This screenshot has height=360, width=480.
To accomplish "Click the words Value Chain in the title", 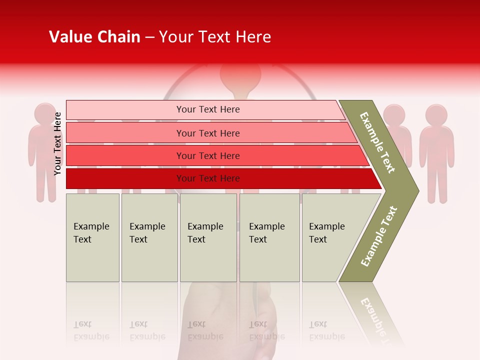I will (94, 37).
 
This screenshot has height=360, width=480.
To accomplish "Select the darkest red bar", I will (125, 178).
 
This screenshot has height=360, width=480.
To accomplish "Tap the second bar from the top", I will (125, 133).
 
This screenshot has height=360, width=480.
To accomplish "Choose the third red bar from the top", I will (125, 155).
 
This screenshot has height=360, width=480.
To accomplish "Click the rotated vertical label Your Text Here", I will (57, 143).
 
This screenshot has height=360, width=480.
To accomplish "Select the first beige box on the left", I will (92, 237).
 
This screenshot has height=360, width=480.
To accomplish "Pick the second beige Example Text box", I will (149, 237).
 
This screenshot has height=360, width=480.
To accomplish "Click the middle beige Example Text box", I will (208, 237).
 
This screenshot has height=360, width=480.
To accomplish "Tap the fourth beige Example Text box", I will (269, 237).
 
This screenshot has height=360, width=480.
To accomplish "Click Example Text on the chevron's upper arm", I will (377, 142).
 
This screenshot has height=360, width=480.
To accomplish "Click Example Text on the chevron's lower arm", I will (379, 236).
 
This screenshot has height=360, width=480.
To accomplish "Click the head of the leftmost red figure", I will (45, 113).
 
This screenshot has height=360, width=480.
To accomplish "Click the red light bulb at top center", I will (240, 75).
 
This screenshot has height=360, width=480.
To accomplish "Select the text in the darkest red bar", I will (208, 178).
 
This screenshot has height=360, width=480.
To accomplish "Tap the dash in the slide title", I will (149, 37).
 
